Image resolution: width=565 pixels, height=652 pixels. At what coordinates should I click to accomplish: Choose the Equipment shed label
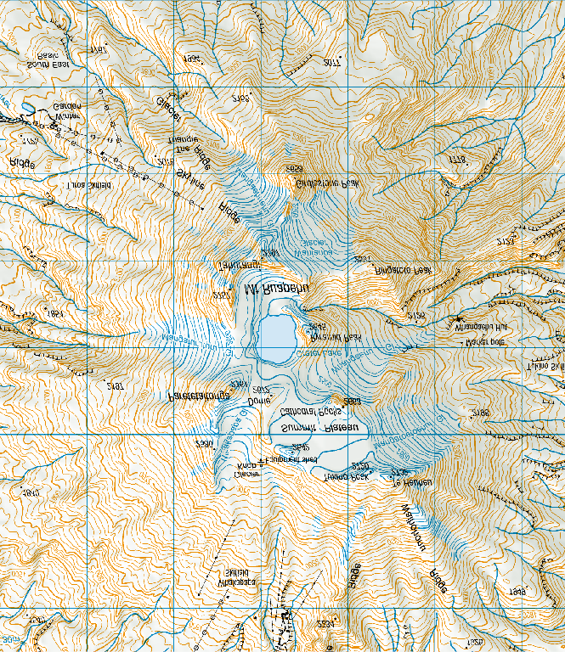click(x=291, y=459)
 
